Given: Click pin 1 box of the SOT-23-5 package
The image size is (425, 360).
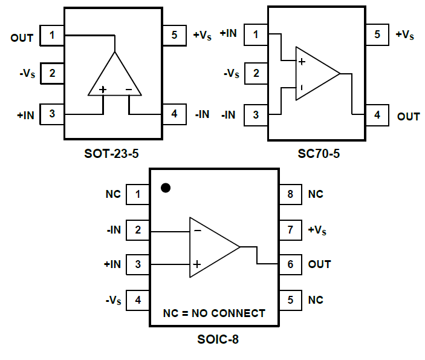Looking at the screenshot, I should pos(52,36).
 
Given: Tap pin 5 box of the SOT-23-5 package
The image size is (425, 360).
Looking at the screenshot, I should pos(174,35).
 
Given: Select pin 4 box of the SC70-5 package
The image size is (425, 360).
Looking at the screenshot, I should pos(377,114).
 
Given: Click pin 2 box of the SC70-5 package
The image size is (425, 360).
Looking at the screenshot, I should pos(256,73).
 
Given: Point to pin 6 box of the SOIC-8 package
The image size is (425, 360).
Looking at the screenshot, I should pos(290,264).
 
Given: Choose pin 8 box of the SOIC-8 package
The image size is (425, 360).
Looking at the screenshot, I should pos(290,194).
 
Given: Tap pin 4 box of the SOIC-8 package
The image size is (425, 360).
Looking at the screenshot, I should pos(138,299).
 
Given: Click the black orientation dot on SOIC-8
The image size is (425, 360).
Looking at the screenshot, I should pos(165,188).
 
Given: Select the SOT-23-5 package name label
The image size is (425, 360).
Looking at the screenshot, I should pos(112,154).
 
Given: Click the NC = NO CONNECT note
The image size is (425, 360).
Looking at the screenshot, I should pos(214,313).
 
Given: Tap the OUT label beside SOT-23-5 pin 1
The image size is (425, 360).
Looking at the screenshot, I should pos(22,38).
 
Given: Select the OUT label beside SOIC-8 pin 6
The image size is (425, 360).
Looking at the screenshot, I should pos(319,264).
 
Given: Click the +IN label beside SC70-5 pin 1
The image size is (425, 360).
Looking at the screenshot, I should pos(229,33).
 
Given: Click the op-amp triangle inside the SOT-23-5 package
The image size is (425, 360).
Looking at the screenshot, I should pos(115,77).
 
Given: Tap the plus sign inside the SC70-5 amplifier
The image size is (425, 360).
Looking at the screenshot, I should pos(302,62).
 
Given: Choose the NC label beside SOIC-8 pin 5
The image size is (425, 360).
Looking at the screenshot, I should pos(315,300).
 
